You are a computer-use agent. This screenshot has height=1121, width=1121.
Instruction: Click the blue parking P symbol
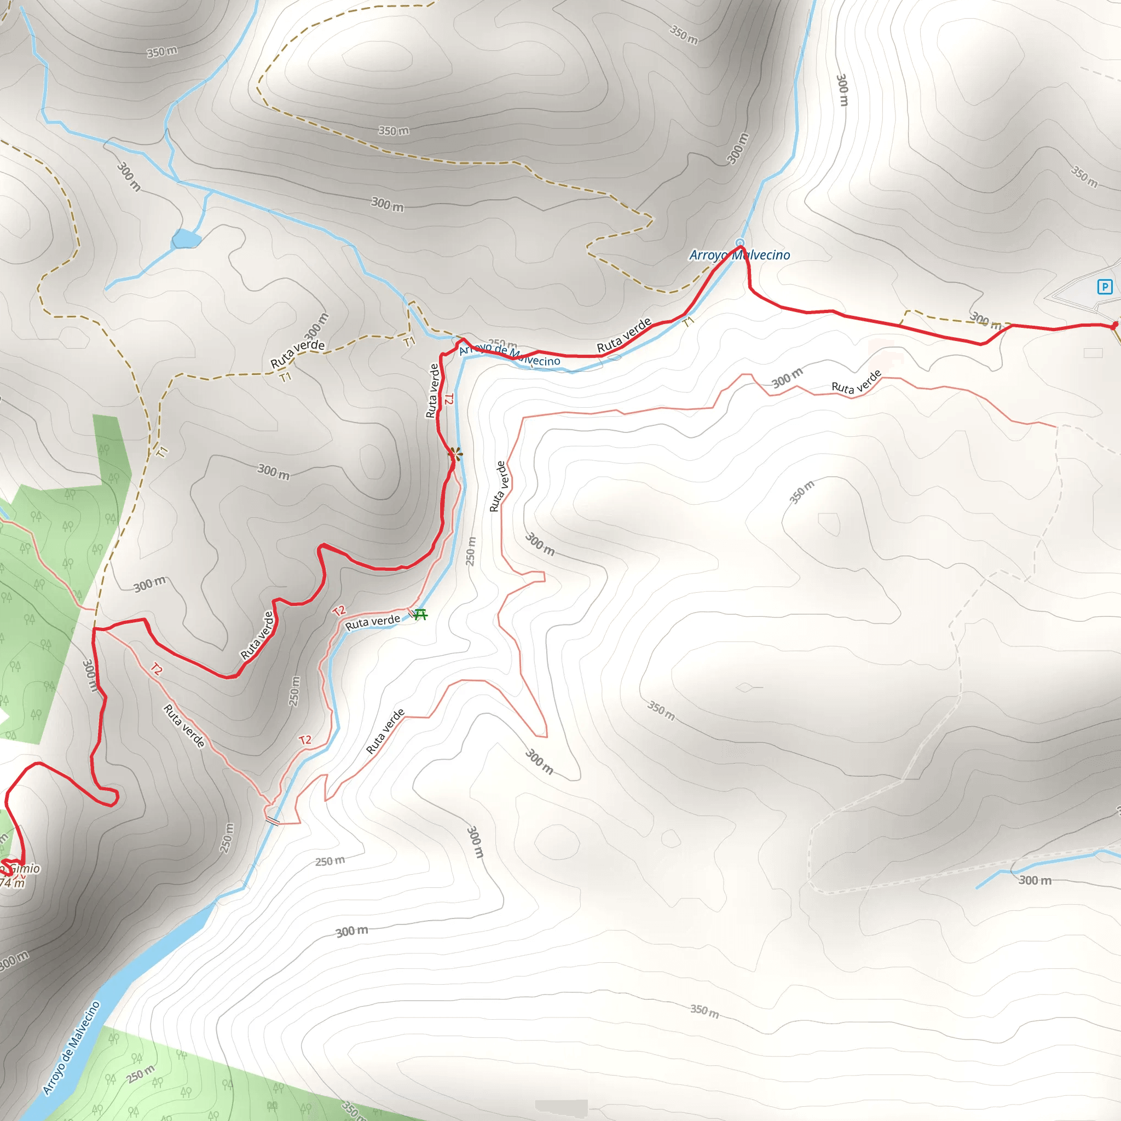(1104, 287)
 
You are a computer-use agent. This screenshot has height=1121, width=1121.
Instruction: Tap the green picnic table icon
(421, 614)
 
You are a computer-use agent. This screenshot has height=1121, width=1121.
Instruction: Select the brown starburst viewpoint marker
(457, 454)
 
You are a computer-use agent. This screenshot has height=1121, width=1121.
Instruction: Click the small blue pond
(186, 239)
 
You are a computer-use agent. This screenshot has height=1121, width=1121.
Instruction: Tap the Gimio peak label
(25, 869)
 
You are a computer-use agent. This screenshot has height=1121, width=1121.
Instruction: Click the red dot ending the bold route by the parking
(1114, 326)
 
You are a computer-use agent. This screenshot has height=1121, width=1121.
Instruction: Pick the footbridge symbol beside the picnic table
(412, 613)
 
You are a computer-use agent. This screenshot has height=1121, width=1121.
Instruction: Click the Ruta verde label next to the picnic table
(373, 622)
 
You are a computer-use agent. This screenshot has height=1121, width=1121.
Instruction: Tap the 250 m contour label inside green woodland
(141, 1074)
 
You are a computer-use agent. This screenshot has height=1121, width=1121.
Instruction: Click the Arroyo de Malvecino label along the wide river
(71, 1048)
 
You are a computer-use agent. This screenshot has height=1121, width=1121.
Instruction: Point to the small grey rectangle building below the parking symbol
(1093, 353)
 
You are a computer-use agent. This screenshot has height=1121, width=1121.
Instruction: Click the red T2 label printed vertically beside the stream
(448, 399)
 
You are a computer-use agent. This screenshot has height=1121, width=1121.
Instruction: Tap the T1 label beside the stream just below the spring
(688, 321)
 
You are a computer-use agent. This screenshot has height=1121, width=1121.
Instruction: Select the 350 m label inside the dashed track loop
(394, 131)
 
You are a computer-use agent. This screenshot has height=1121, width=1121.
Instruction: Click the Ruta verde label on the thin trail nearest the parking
(857, 383)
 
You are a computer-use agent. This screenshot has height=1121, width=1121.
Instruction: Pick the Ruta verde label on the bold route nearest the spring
(625, 336)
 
